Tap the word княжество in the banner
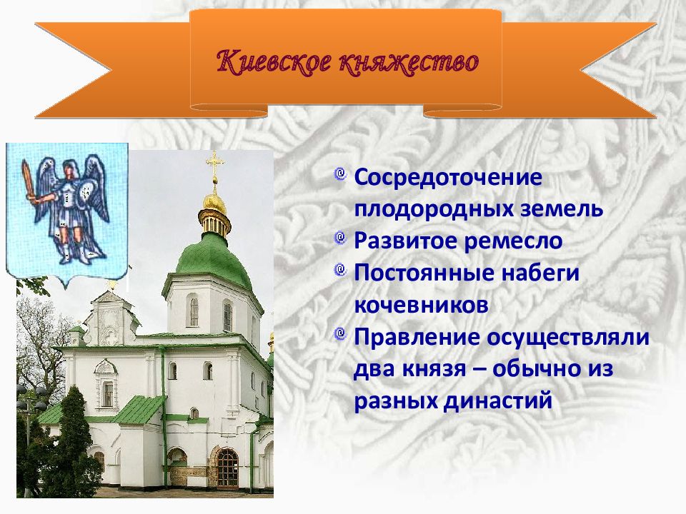pyautogui.click(x=409, y=61)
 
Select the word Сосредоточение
pyautogui.click(x=449, y=178)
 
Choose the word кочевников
pyautogui.click(x=421, y=305)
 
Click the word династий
pyautogui.click(x=498, y=401)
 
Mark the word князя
pyautogui.click(x=434, y=369)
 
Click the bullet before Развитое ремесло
pyautogui.click(x=340, y=238)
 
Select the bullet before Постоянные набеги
pyautogui.click(x=340, y=270)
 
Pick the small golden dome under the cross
pyautogui.click(x=214, y=204)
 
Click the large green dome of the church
pyautogui.click(x=214, y=258)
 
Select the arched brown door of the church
pyautogui.click(x=227, y=469)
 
